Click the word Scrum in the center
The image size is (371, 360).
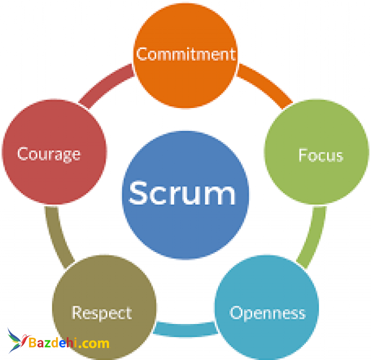[182, 193]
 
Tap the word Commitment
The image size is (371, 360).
[185, 54]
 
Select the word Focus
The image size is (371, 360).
[320, 155]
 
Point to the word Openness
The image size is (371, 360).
[268, 313]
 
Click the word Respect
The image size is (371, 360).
[102, 313]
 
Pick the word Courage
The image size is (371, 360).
[49, 154]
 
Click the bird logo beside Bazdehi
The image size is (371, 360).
[17, 341]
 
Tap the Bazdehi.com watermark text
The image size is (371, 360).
[68, 343]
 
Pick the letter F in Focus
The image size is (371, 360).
[303, 155]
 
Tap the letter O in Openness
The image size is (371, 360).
[236, 313]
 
